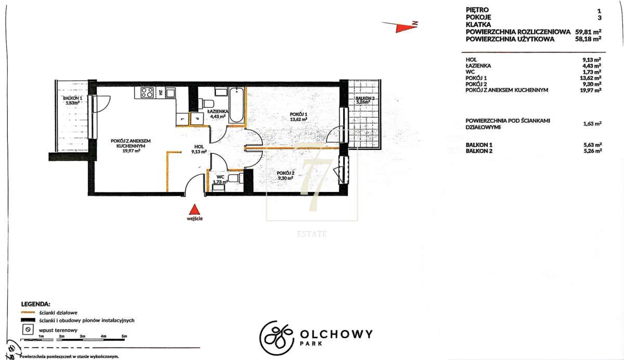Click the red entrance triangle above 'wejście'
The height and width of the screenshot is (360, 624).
pyautogui.click(x=195, y=210)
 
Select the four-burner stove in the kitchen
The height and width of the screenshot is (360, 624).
pyautogui.click(x=147, y=92)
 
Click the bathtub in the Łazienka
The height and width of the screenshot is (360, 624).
pyautogui.click(x=237, y=105)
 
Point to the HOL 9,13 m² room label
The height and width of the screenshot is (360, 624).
pyautogui.click(x=199, y=149)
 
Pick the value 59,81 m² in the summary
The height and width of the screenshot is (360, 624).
pyautogui.click(x=588, y=32)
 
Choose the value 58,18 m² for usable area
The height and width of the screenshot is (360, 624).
pyautogui.click(x=588, y=38)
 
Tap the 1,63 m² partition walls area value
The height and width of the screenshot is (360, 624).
pyautogui.click(x=592, y=123)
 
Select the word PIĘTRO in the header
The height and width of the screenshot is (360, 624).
pyautogui.click(x=477, y=10)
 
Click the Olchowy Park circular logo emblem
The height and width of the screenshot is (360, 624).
pyautogui.click(x=277, y=338)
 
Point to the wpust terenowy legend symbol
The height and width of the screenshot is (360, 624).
pyautogui.click(x=28, y=330)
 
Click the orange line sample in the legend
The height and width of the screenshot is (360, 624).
pyautogui.click(x=28, y=312)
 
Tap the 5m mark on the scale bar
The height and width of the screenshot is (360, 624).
pyautogui.click(x=124, y=336)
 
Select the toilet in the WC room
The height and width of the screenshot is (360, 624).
pyautogui.click(x=234, y=178)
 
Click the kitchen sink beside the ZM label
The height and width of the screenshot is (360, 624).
pyautogui.click(x=170, y=92)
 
